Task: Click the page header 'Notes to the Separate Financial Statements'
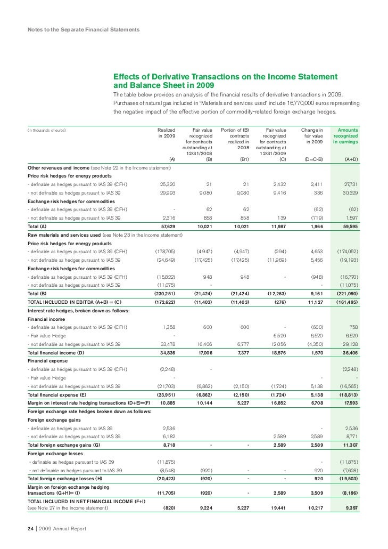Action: coord(84,29)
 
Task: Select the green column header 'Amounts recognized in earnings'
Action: coord(345,135)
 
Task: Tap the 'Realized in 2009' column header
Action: coord(166,133)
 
